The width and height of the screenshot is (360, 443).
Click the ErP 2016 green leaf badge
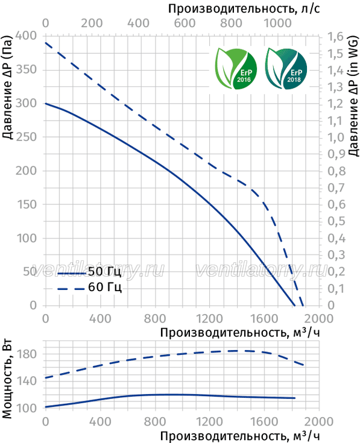tap(236, 68)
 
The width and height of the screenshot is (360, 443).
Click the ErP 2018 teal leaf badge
tap(286, 68)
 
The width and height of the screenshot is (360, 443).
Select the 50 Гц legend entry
tap(89, 272)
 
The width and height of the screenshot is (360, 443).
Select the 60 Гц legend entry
tap(89, 287)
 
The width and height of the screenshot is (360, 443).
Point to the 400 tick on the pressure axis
tap(26, 36)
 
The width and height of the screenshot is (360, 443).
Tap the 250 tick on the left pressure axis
tap(26, 137)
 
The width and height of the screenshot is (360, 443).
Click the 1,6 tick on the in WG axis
tap(335, 37)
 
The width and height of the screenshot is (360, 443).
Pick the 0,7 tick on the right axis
tap(336, 187)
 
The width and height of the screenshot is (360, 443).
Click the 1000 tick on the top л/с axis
tap(277, 23)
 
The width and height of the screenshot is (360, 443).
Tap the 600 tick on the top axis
tap(185, 23)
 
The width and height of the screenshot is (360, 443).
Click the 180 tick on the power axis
tap(26, 354)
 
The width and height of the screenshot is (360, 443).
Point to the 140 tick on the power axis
tap(26, 381)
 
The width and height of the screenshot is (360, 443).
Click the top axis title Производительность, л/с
tap(244, 9)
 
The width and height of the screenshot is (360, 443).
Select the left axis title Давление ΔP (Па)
tap(7, 88)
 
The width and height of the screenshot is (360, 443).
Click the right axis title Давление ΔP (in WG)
tap(353, 96)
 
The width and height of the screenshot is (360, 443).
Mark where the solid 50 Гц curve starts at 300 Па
tap(45, 104)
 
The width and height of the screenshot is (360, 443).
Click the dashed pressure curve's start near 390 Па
tap(45, 43)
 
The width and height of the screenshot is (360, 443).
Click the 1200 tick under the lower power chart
tap(209, 422)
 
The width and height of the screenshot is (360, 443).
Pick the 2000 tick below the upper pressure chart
tap(319, 319)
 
